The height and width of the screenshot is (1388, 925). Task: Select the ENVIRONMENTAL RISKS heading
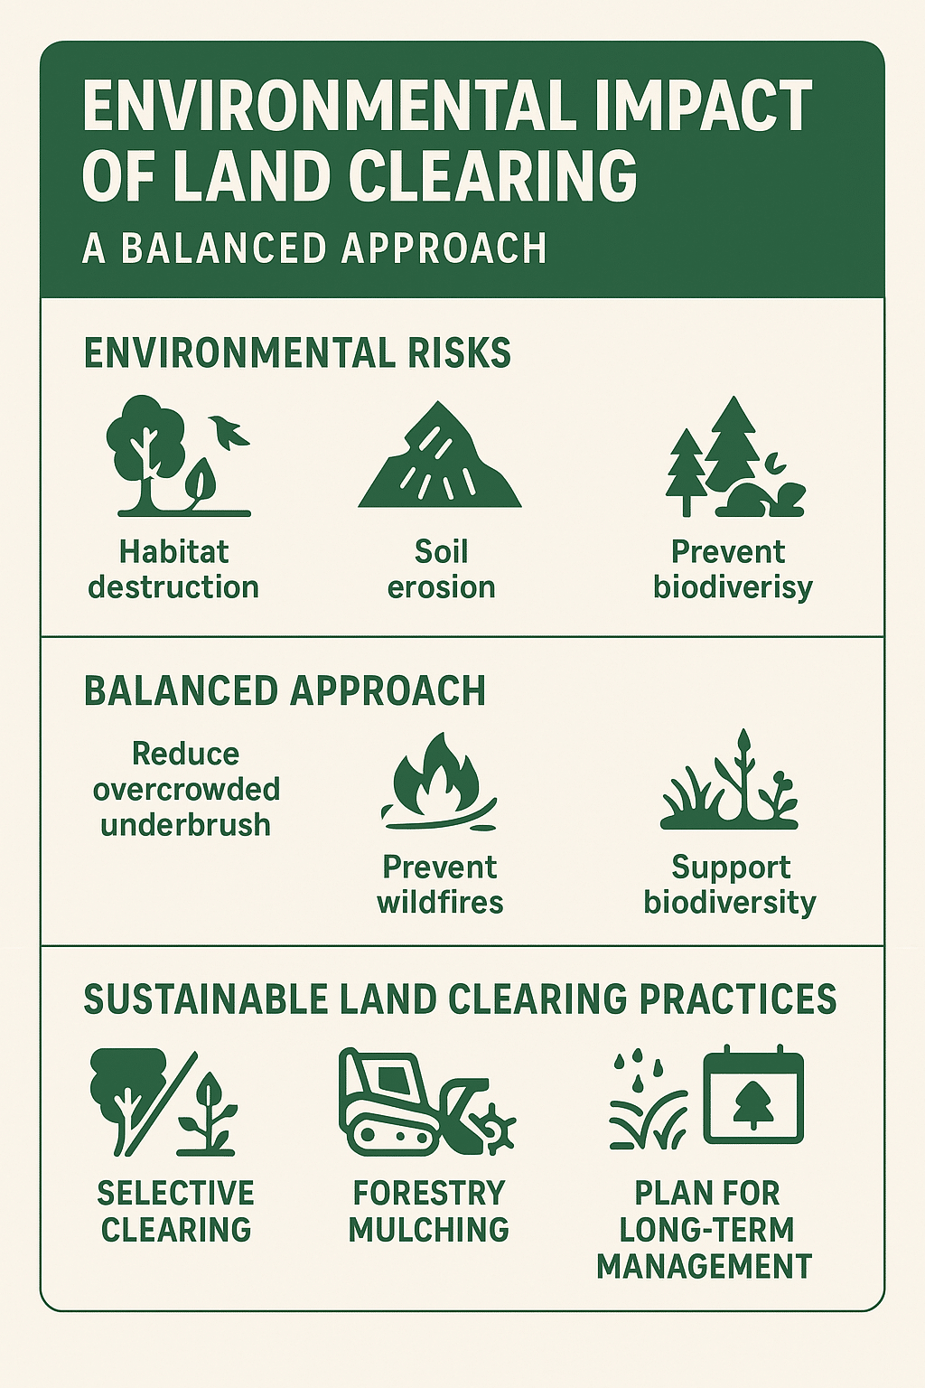pos(297,353)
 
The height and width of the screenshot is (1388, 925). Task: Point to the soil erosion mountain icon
pos(440,457)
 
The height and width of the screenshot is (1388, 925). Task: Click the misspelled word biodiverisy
pos(733,587)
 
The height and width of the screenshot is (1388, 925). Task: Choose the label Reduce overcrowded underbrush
pos(186,789)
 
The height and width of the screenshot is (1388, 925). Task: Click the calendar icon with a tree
pos(752,1095)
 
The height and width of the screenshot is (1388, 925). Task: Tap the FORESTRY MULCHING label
pos(429,1211)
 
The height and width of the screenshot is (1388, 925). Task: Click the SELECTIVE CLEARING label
pos(175,1211)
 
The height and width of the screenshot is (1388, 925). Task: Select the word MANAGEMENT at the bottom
pos(705,1266)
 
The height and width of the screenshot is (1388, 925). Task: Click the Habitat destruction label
pos(173,569)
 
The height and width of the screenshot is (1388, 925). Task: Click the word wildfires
pos(440,902)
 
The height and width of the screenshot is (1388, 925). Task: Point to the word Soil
pos(441,551)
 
